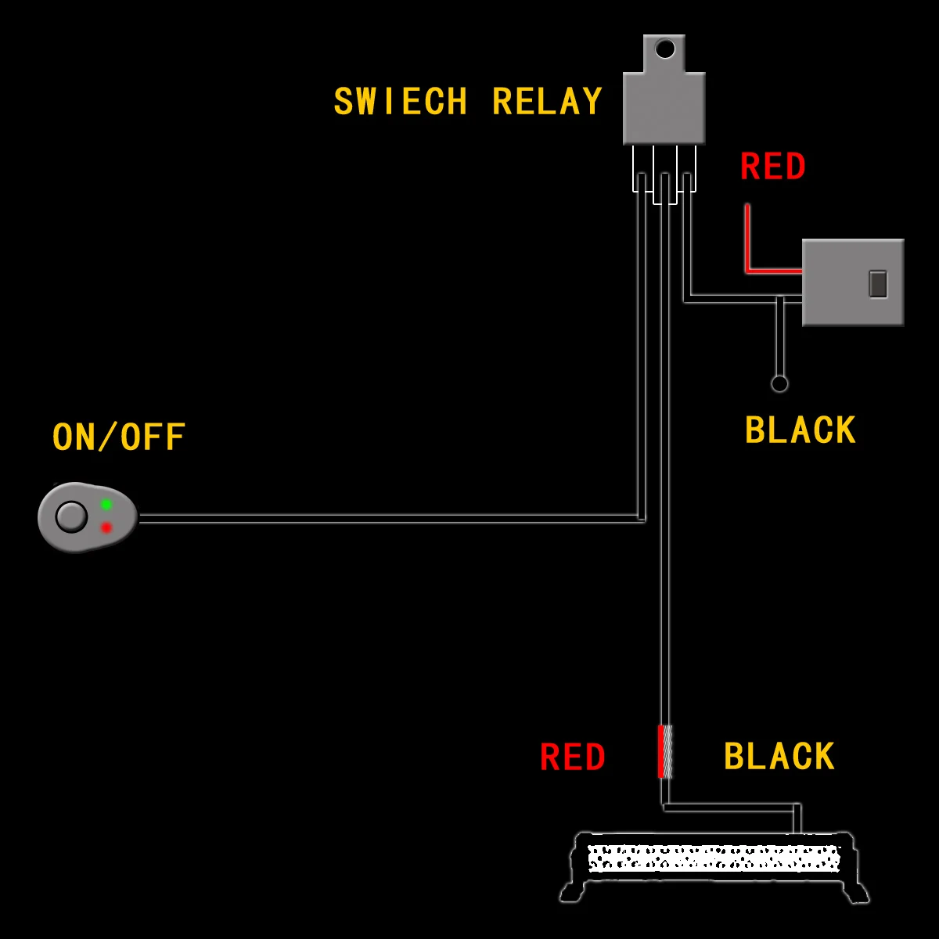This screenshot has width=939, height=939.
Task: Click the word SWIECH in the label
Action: (401, 103)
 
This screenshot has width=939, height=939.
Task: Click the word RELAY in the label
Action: (547, 103)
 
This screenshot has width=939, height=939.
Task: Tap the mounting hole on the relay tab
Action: (664, 50)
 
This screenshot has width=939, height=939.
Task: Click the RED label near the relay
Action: (772, 167)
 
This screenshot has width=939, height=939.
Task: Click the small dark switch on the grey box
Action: (878, 283)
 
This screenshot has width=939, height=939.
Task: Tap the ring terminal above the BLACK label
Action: (779, 383)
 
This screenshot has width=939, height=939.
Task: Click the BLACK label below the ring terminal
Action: (800, 431)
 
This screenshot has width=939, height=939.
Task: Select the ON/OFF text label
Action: (119, 437)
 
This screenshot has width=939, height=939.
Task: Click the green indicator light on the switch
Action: (106, 505)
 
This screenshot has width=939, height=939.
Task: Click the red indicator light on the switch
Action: (106, 527)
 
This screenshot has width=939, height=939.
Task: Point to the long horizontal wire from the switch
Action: (391, 518)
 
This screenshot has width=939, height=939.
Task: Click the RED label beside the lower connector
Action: (573, 757)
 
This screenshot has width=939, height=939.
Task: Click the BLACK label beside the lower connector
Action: (779, 757)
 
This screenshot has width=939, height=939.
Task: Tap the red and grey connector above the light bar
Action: (664, 751)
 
